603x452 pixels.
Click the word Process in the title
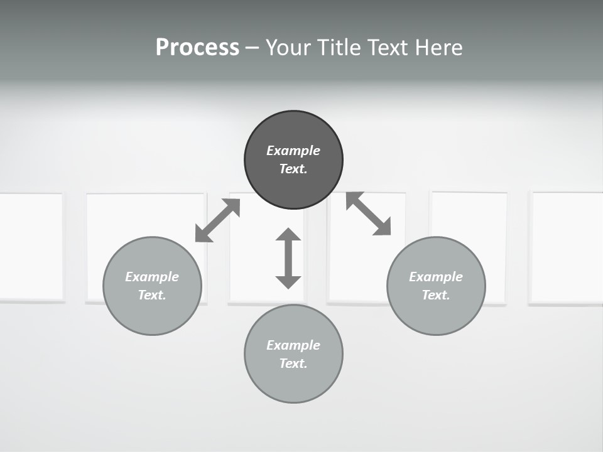coord(197,48)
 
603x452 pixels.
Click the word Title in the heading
coord(340,48)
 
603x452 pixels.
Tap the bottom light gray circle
coord(293,383)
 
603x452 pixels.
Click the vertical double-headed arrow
coord(288,258)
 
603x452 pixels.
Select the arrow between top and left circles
coord(218,220)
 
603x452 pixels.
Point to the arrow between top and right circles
coord(369,214)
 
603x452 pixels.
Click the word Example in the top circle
coord(293,151)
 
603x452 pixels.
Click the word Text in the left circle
coord(152,295)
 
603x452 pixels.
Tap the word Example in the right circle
coord(436,277)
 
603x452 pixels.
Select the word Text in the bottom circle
coord(293,363)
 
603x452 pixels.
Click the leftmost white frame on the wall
coord(30,247)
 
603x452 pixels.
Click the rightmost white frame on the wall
coord(567,247)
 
